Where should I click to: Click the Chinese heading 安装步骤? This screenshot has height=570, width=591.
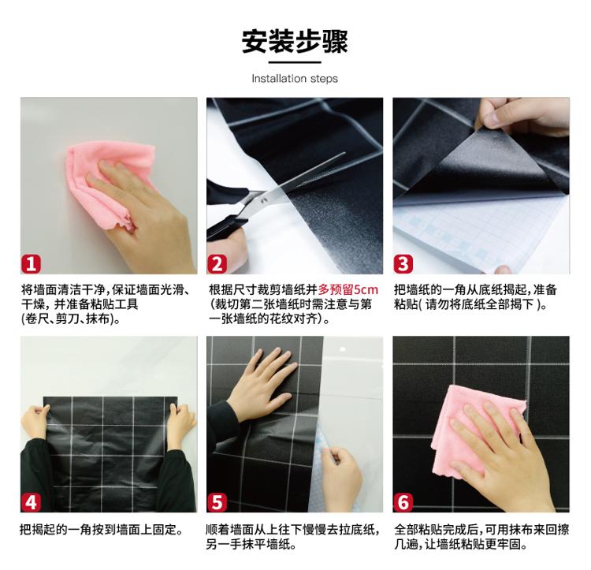pos(295,41)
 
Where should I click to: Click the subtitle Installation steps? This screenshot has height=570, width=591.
pos(295,78)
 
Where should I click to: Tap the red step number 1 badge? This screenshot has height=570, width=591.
pos(31,263)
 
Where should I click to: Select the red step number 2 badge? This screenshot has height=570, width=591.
pos(217,263)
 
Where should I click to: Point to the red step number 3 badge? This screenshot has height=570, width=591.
pos(403,263)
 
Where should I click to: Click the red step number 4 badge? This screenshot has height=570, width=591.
pos(31,502)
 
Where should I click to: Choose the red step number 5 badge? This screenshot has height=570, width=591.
pos(217,502)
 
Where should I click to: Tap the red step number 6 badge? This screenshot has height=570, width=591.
pos(403,502)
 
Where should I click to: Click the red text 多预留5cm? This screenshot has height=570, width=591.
pos(348,289)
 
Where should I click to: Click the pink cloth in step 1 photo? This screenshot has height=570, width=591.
pos(110,181)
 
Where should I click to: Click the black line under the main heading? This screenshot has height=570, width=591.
pos(295,62)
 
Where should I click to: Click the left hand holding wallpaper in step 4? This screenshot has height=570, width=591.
pos(35,422)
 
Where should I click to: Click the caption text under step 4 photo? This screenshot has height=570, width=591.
pos(102,530)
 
